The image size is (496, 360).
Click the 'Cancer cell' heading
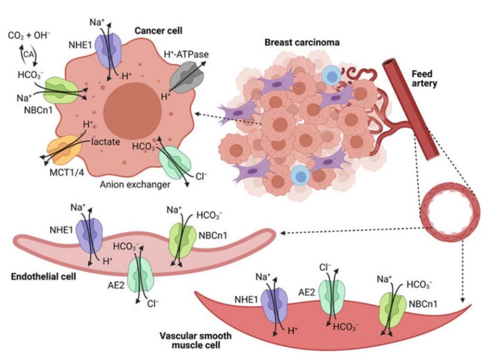click(158, 31)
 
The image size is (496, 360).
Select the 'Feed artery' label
click(425, 79)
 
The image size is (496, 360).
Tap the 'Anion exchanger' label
click(135, 185)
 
